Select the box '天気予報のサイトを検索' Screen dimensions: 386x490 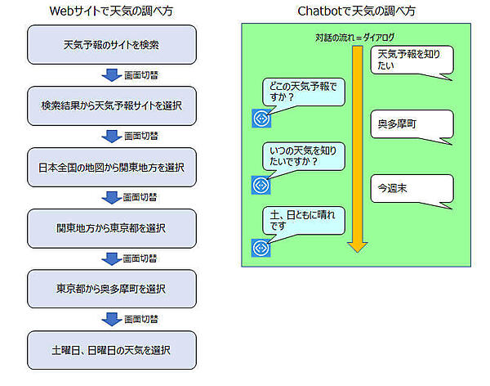pyautogui.click(x=112, y=44)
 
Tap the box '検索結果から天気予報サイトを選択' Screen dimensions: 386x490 pyautogui.click(x=112, y=105)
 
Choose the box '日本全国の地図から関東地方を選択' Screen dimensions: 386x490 pyautogui.click(x=112, y=167)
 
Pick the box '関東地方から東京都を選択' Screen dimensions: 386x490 pyautogui.click(x=112, y=228)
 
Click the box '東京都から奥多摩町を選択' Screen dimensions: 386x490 pyautogui.click(x=112, y=289)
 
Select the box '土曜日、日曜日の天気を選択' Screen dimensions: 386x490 pyautogui.click(x=112, y=350)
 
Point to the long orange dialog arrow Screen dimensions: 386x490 pyautogui.click(x=355, y=147)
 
